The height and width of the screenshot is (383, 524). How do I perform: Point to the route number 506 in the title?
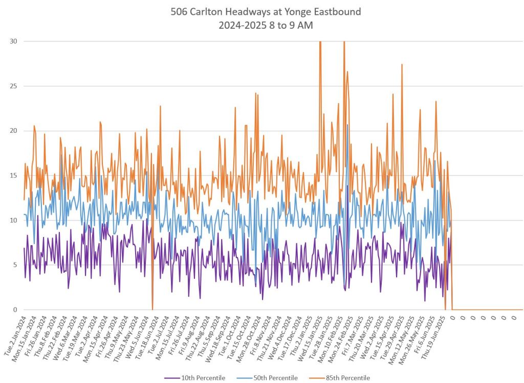click(180, 12)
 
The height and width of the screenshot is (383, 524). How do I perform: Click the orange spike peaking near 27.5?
click(402, 65)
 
